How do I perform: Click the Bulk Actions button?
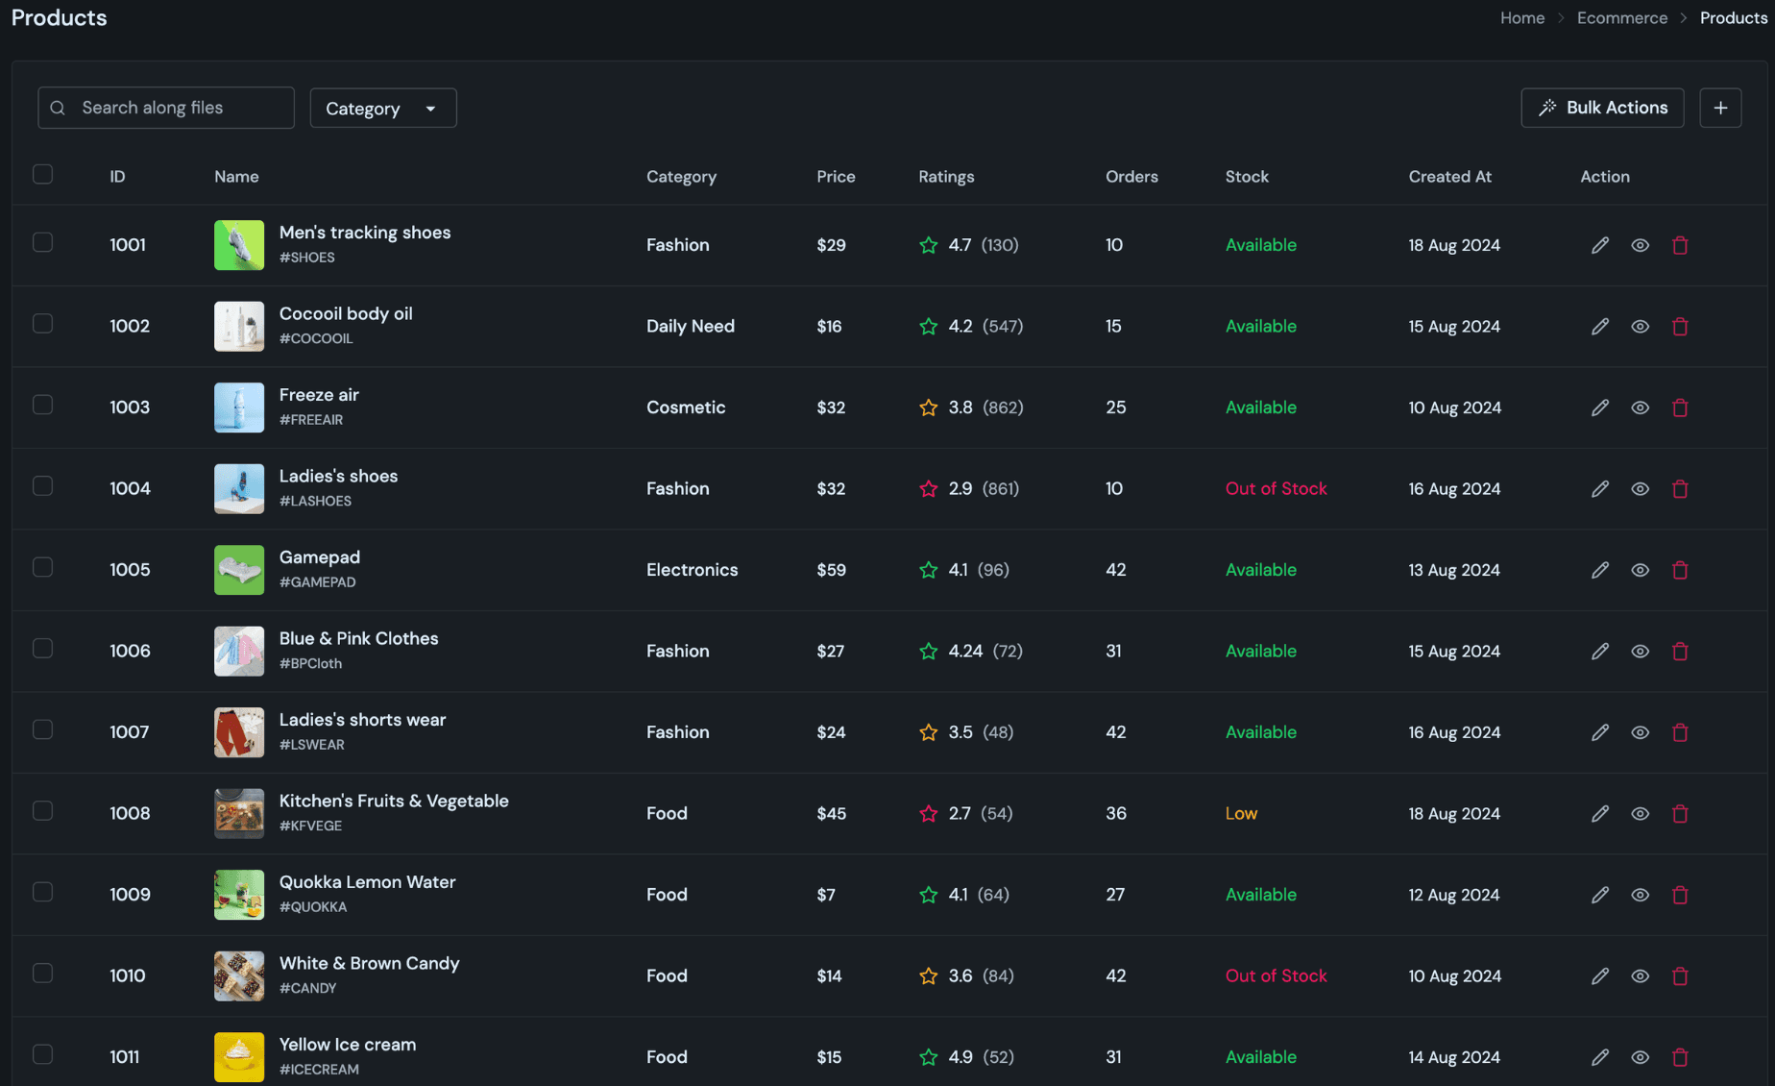click(x=1602, y=108)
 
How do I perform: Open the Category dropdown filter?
click(x=382, y=109)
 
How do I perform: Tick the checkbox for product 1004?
click(x=42, y=486)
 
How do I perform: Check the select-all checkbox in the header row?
click(x=42, y=175)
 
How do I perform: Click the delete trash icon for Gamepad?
click(x=1679, y=570)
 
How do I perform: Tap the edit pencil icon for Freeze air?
click(x=1599, y=407)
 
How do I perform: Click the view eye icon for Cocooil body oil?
click(x=1640, y=327)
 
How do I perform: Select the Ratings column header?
click(x=945, y=177)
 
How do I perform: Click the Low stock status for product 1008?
click(x=1240, y=813)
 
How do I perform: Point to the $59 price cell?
click(x=831, y=570)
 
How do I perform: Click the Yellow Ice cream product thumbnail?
click(x=239, y=1056)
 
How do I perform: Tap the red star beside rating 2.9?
click(x=928, y=489)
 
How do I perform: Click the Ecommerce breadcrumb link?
click(x=1621, y=18)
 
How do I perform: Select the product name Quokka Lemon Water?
click(x=367, y=882)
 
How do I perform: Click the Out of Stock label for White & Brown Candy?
click(x=1276, y=975)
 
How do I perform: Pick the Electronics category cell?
click(x=692, y=570)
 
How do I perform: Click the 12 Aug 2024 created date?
click(x=1453, y=895)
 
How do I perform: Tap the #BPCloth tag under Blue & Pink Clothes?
click(x=310, y=663)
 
